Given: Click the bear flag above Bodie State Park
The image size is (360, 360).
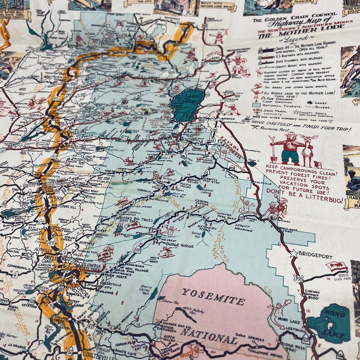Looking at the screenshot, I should [x=336, y=267].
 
